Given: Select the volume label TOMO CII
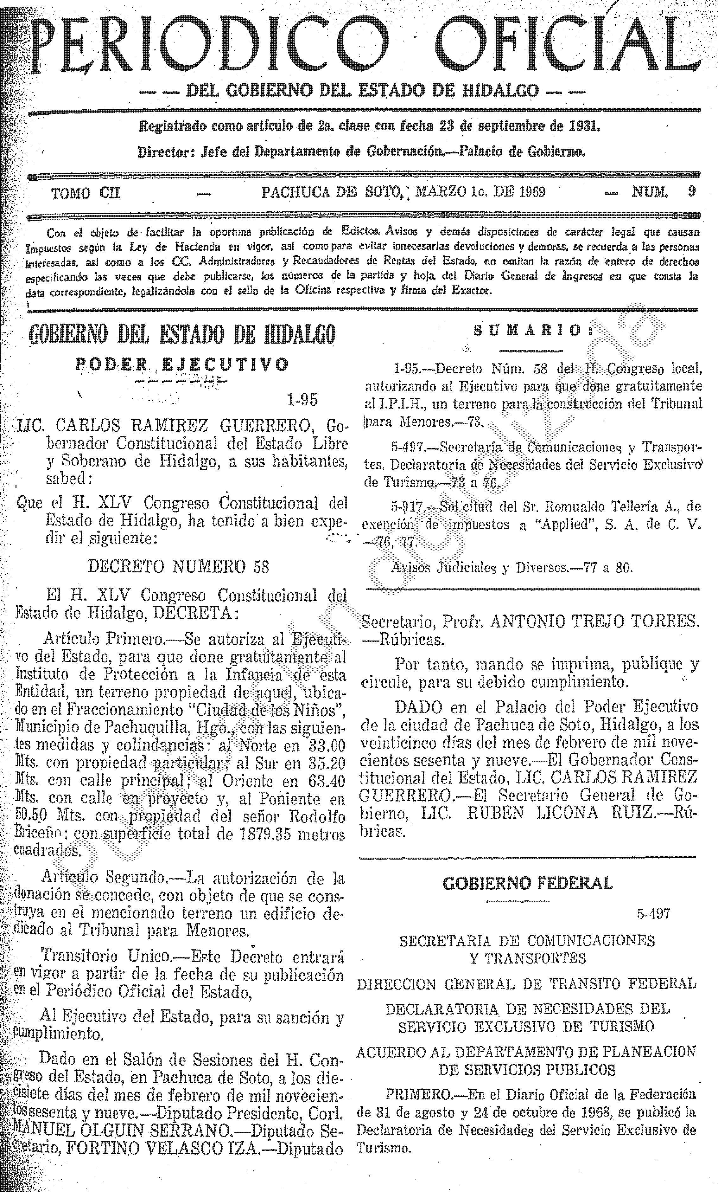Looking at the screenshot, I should click(86, 193).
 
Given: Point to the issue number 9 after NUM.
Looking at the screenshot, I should click(692, 192).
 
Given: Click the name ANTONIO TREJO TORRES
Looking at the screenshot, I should click(595, 621).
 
